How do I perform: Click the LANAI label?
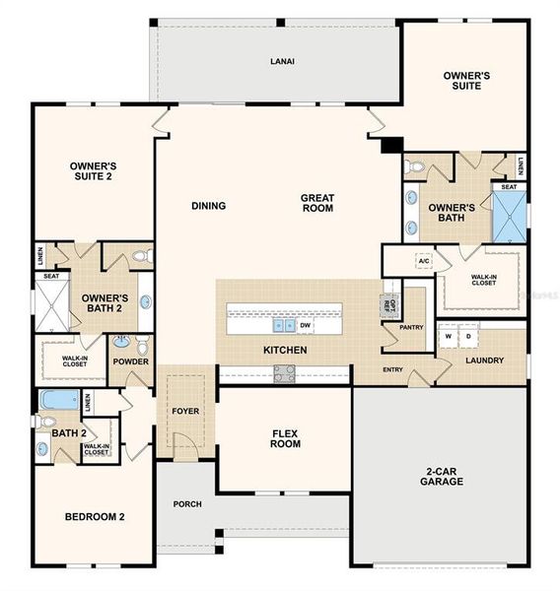coord(283,61)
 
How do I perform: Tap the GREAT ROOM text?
coord(316,203)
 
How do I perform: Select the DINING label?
coord(209,206)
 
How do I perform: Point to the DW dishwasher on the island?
coord(306,324)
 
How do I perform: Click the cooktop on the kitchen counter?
coord(284,372)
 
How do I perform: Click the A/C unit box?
coord(423,260)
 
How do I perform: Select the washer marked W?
coord(449,335)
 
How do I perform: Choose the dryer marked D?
coord(468,335)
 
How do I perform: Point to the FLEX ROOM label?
coord(285,438)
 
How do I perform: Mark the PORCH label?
coord(187,504)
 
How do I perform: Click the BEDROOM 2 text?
coord(94,516)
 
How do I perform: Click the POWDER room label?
coord(130,361)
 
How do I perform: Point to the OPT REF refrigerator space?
coord(387,302)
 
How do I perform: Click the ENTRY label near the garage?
coord(393,369)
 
